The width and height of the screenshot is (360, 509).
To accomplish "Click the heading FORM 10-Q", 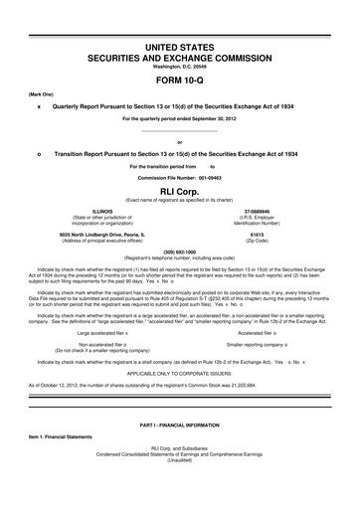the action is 179,81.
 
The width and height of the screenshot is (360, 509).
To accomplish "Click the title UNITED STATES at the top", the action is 179,47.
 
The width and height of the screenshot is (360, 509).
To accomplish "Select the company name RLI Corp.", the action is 179,189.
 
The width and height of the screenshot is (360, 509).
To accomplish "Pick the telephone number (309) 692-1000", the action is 179,252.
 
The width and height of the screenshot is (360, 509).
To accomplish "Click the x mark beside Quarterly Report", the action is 38,104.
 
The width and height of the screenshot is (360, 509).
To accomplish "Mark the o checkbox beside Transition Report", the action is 38,155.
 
